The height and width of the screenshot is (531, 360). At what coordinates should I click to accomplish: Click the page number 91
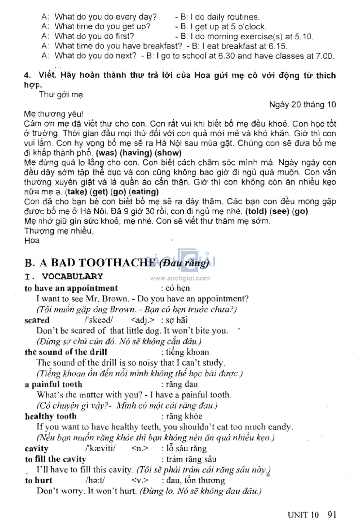tap(332, 515)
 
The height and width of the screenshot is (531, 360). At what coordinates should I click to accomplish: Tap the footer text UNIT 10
tap(303, 515)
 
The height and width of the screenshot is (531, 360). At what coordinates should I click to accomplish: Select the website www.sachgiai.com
tap(180, 278)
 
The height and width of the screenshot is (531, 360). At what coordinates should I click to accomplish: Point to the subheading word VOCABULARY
tap(72, 277)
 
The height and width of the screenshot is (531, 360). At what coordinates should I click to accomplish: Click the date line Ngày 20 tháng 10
tap(302, 104)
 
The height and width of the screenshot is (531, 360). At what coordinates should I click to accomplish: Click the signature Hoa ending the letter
tap(32, 241)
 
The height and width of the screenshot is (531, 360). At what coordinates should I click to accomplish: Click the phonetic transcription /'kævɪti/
tap(101, 448)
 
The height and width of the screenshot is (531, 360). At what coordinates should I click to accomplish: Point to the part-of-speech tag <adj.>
tap(142, 320)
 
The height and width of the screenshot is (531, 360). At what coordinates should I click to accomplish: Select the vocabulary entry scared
tap(37, 320)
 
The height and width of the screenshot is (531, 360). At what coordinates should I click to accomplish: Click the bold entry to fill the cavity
tap(55, 459)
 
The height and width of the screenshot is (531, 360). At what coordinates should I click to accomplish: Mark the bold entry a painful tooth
tap(53, 384)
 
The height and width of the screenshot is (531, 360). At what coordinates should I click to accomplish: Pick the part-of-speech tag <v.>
tap(140, 480)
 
